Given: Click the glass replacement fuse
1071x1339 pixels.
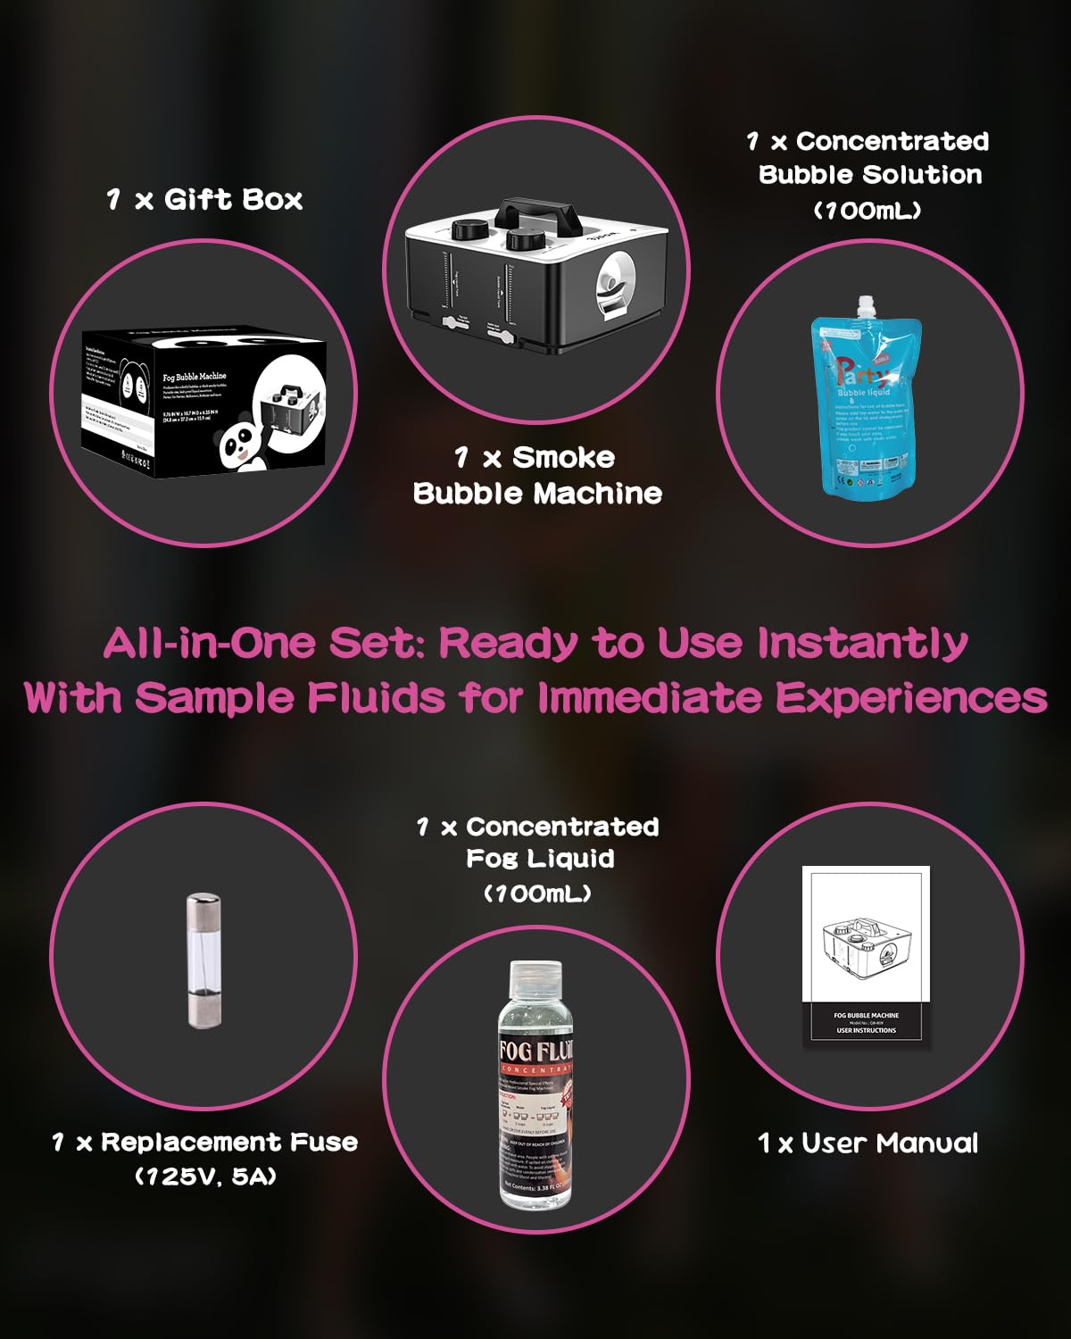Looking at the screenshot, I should [x=203, y=961].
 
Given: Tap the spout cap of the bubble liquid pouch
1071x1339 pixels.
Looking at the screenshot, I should [x=864, y=309].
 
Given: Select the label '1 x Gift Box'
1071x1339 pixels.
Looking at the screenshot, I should [x=204, y=199].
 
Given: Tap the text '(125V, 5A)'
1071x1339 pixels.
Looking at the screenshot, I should [x=205, y=1177].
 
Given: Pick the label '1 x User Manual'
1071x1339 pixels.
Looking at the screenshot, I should [x=868, y=1144].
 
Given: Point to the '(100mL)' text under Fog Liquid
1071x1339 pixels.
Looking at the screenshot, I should [x=537, y=894].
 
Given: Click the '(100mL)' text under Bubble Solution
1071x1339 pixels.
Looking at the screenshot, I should [x=868, y=211].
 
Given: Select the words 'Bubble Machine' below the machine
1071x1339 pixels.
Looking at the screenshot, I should [x=537, y=494].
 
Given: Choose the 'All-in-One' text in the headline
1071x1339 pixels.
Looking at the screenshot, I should [x=209, y=643].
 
